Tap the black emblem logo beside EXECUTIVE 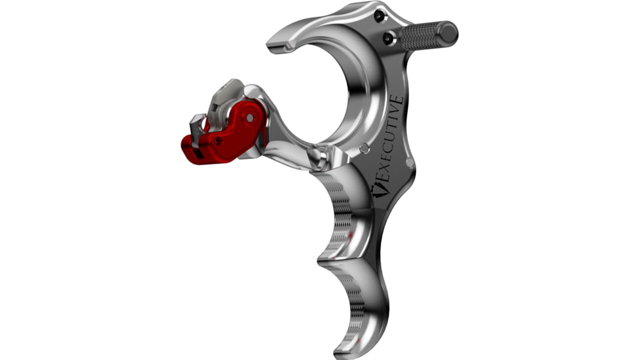(379, 190)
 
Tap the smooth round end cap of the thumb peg (448, 32)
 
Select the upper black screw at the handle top (380, 16)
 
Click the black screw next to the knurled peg (389, 39)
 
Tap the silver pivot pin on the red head (250, 118)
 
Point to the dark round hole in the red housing (219, 141)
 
